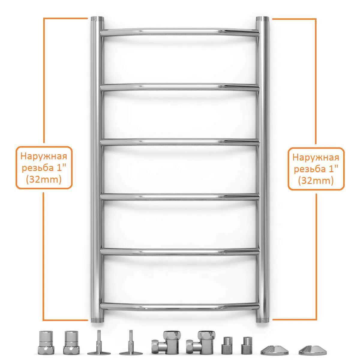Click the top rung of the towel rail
pyautogui.click(x=180, y=32)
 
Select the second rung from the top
pyautogui.click(x=180, y=87)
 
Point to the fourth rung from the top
pyautogui.click(x=180, y=197)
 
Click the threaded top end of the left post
pyautogui.click(x=97, y=19)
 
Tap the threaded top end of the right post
pyautogui.click(x=262, y=19)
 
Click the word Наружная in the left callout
pyautogui.click(x=44, y=156)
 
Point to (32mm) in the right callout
pyautogui.click(x=316, y=181)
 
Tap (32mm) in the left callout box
pyautogui.click(x=44, y=180)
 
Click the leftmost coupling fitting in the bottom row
pyautogui.click(x=46, y=342)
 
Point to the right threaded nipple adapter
pyautogui.click(x=247, y=345)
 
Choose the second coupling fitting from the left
pyautogui.click(x=71, y=342)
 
